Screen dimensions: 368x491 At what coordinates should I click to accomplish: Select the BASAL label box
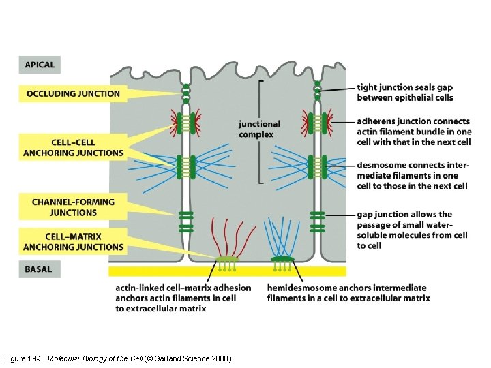point(38,269)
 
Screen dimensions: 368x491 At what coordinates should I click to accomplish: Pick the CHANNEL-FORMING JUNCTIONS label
point(73,207)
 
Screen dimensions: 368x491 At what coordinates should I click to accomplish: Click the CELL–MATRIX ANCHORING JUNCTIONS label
point(73,242)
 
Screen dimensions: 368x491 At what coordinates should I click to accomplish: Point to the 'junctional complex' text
point(259,129)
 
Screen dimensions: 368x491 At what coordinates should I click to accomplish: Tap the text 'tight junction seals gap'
point(404,87)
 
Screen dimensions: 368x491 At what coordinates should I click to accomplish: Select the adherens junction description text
point(413,132)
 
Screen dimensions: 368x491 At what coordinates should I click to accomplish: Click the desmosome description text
point(412,175)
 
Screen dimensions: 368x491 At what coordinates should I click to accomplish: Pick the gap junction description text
point(412,230)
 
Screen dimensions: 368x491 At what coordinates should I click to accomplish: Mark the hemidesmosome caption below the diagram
point(348,293)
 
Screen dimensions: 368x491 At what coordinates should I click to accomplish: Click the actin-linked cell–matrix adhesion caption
point(183,298)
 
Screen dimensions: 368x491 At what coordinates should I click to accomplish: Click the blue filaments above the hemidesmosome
point(280,235)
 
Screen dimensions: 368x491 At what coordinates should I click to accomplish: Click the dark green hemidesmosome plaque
point(281,259)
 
